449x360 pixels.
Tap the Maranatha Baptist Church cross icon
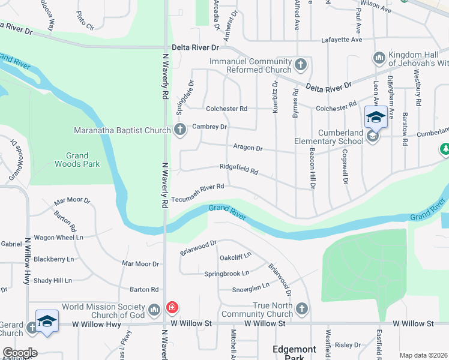click(x=179, y=129)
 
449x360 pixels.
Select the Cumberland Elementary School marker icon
click(x=372, y=137)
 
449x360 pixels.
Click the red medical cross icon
click(x=172, y=308)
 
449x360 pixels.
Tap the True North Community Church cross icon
click(x=301, y=309)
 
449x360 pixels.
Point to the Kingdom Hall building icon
click(x=379, y=58)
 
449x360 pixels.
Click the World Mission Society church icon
click(x=154, y=309)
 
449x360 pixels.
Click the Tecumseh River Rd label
click(x=197, y=188)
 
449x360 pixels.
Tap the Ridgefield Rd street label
click(x=238, y=170)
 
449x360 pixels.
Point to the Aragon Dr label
click(x=248, y=148)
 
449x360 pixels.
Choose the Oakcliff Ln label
click(x=235, y=256)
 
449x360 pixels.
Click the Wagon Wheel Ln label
click(x=58, y=238)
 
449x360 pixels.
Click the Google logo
click(x=19, y=353)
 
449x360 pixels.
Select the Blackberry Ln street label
click(x=53, y=259)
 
